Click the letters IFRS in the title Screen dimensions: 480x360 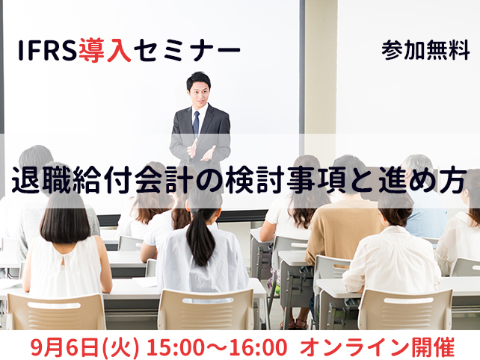[x=47, y=50]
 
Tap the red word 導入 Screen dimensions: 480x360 [x=105, y=51]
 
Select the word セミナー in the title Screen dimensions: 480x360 [x=186, y=51]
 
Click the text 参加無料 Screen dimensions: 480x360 [x=425, y=51]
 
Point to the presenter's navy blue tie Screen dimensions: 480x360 [x=196, y=123]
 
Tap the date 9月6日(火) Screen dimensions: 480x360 [x=84, y=347]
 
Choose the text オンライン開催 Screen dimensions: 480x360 [x=377, y=347]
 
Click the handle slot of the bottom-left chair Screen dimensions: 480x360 [x=54, y=305]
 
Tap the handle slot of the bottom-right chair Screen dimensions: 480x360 [x=404, y=301]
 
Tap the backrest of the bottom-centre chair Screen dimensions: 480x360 [x=206, y=309]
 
